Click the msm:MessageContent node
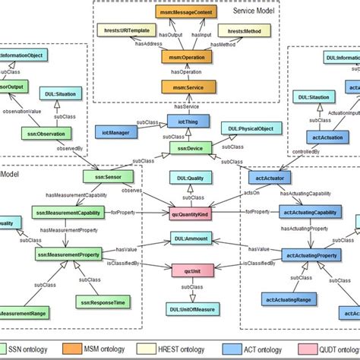pyautogui.click(x=182, y=12)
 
